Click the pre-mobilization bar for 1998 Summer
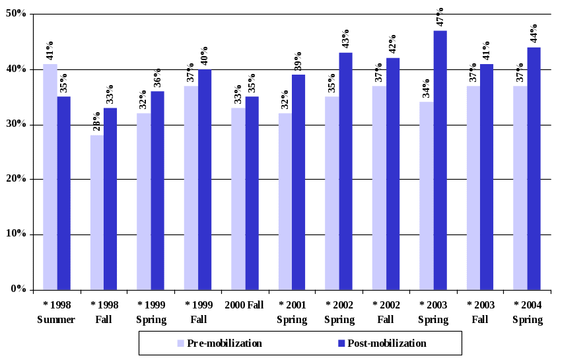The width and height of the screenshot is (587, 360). pyautogui.click(x=50, y=176)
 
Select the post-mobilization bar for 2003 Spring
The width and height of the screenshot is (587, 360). pyautogui.click(x=440, y=160)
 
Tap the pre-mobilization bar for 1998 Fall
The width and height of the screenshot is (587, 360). pyautogui.click(x=96, y=212)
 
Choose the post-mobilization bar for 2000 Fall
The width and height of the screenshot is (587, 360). pyautogui.click(x=252, y=193)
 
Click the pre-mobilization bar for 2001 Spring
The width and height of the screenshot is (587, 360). pyautogui.click(x=285, y=201)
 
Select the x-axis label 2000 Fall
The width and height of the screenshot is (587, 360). pyautogui.click(x=245, y=306)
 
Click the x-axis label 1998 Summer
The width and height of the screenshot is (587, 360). pyautogui.click(x=57, y=312)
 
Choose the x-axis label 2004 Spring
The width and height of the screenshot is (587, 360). pyautogui.click(x=528, y=312)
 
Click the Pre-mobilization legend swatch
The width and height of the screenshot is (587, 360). pyautogui.click(x=180, y=343)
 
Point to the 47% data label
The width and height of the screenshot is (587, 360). pyautogui.click(x=440, y=17)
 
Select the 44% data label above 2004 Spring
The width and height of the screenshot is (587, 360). pyautogui.click(x=534, y=34)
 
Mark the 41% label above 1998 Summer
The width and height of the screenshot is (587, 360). pyautogui.click(x=50, y=51)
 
